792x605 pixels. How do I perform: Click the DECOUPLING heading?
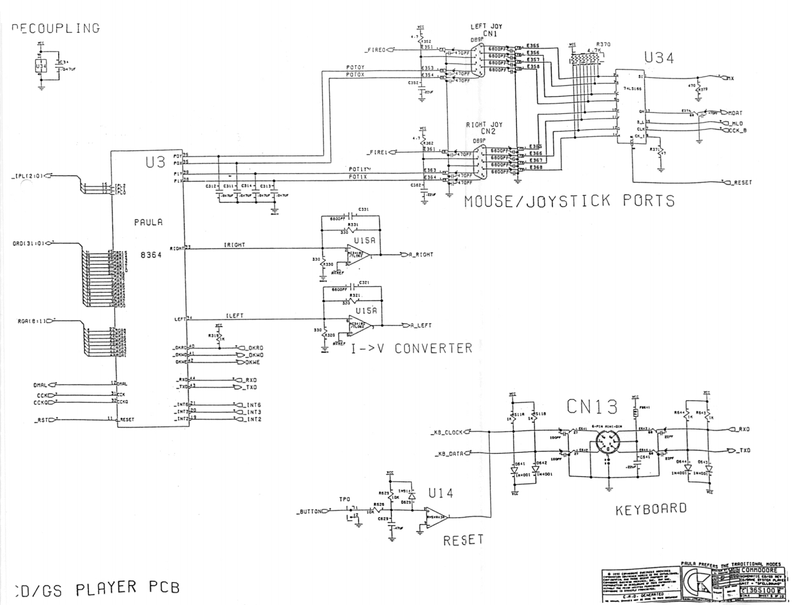[56, 28]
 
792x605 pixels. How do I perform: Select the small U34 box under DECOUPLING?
[40, 66]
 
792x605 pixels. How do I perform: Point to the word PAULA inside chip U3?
[148, 222]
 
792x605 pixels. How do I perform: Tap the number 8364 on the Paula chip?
[151, 255]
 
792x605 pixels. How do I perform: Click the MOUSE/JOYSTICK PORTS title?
[569, 201]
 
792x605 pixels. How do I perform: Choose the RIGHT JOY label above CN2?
[484, 125]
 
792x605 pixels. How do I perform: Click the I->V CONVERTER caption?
[412, 348]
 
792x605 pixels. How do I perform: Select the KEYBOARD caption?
[651, 508]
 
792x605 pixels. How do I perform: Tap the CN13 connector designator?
[592, 407]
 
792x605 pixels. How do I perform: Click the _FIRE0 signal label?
[375, 50]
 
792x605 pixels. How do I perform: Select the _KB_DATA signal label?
[448, 453]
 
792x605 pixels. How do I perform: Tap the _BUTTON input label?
[309, 511]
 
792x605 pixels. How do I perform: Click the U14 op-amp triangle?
[436, 517]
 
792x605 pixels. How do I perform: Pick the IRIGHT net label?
[235, 245]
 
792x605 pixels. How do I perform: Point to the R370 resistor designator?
[603, 44]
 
